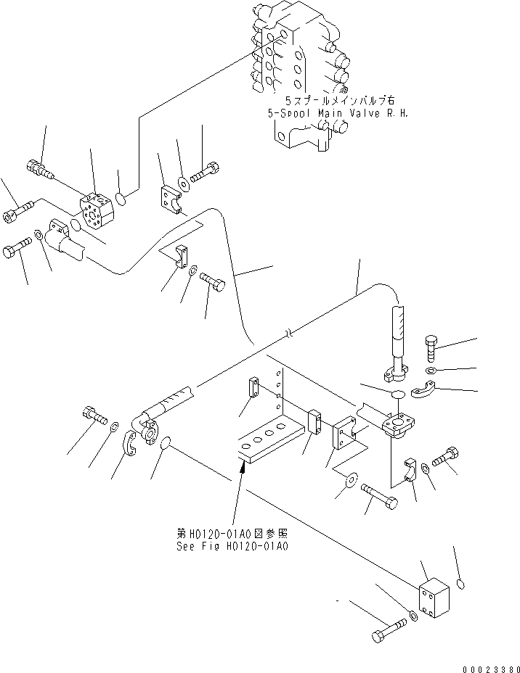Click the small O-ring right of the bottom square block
pos(461,582)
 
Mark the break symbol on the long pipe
pos(289,334)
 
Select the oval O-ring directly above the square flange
pos(397,393)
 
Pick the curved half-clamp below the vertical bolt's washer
pos(424,392)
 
